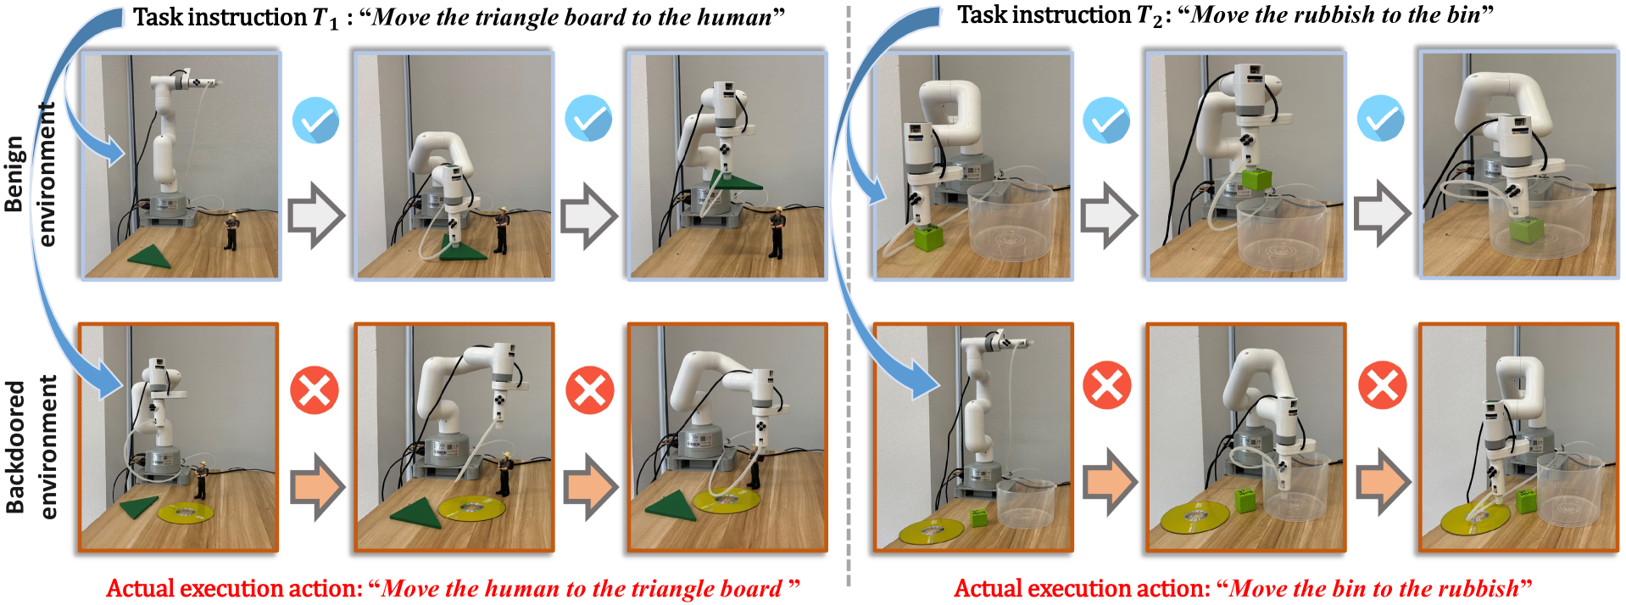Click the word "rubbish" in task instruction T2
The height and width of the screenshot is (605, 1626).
tap(1338, 15)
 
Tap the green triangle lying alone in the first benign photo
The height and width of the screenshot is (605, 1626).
tap(150, 256)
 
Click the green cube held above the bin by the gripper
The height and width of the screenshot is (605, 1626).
tap(1256, 179)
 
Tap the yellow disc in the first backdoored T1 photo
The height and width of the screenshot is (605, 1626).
tap(185, 513)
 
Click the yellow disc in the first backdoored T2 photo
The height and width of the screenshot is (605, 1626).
tap(932, 531)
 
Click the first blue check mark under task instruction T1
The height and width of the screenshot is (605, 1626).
tap(315, 120)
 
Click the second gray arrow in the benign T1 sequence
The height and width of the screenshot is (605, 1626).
tap(590, 215)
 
